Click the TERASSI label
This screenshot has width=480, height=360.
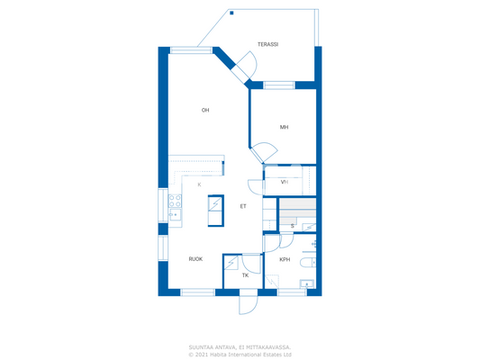[x=267, y=44]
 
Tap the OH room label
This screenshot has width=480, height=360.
[x=205, y=111]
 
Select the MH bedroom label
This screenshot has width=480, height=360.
[x=284, y=127]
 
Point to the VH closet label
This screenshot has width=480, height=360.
[x=285, y=182]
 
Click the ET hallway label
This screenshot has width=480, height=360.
[x=243, y=206]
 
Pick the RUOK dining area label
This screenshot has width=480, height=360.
[x=195, y=259]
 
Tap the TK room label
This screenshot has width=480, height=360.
[x=245, y=275]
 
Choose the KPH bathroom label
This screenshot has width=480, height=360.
[x=285, y=260]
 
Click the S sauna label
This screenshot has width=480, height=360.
[x=293, y=226]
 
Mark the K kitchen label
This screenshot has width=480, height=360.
[x=199, y=184]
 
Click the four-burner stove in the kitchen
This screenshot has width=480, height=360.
[x=175, y=200]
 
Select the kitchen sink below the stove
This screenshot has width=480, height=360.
[x=174, y=214]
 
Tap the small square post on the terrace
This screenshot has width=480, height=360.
[x=231, y=13]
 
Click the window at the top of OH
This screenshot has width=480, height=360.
[x=191, y=49]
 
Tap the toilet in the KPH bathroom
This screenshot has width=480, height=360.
[x=309, y=262]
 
